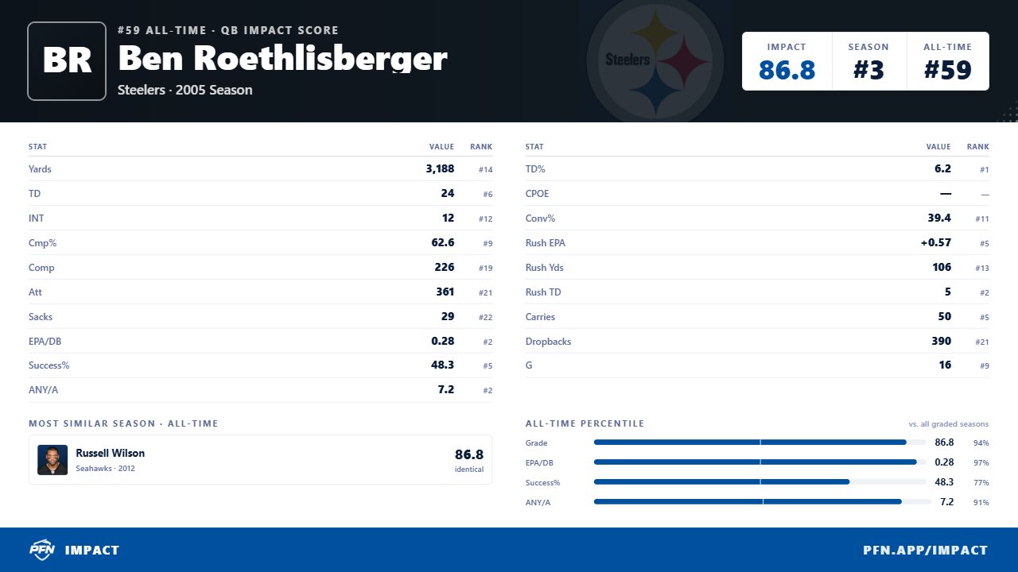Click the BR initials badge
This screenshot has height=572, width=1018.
click(x=67, y=61)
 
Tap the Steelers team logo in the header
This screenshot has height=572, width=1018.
click(x=655, y=61)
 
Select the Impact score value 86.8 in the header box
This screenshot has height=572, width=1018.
click(x=787, y=70)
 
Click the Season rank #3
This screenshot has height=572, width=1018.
click(x=868, y=70)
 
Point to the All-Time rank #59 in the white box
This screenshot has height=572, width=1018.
click(x=947, y=70)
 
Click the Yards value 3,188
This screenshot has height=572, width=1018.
click(x=440, y=169)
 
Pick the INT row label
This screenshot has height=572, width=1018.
click(x=37, y=218)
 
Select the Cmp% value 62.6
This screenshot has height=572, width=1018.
click(x=443, y=242)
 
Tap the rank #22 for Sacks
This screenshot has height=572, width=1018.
click(x=485, y=317)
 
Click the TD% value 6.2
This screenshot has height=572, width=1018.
click(x=942, y=169)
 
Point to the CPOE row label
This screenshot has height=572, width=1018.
click(x=537, y=194)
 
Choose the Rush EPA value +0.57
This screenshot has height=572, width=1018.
click(x=936, y=242)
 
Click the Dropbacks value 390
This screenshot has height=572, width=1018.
click(x=941, y=341)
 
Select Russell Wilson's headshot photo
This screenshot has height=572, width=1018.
click(x=52, y=460)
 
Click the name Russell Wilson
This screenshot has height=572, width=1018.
click(x=110, y=453)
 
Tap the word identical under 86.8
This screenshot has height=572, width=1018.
click(x=469, y=470)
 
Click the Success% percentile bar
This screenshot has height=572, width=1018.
click(x=721, y=482)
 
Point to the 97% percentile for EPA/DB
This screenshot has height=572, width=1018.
click(x=981, y=462)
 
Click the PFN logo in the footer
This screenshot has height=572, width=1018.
click(x=42, y=550)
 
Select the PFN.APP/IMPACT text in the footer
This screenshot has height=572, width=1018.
click(x=925, y=551)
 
